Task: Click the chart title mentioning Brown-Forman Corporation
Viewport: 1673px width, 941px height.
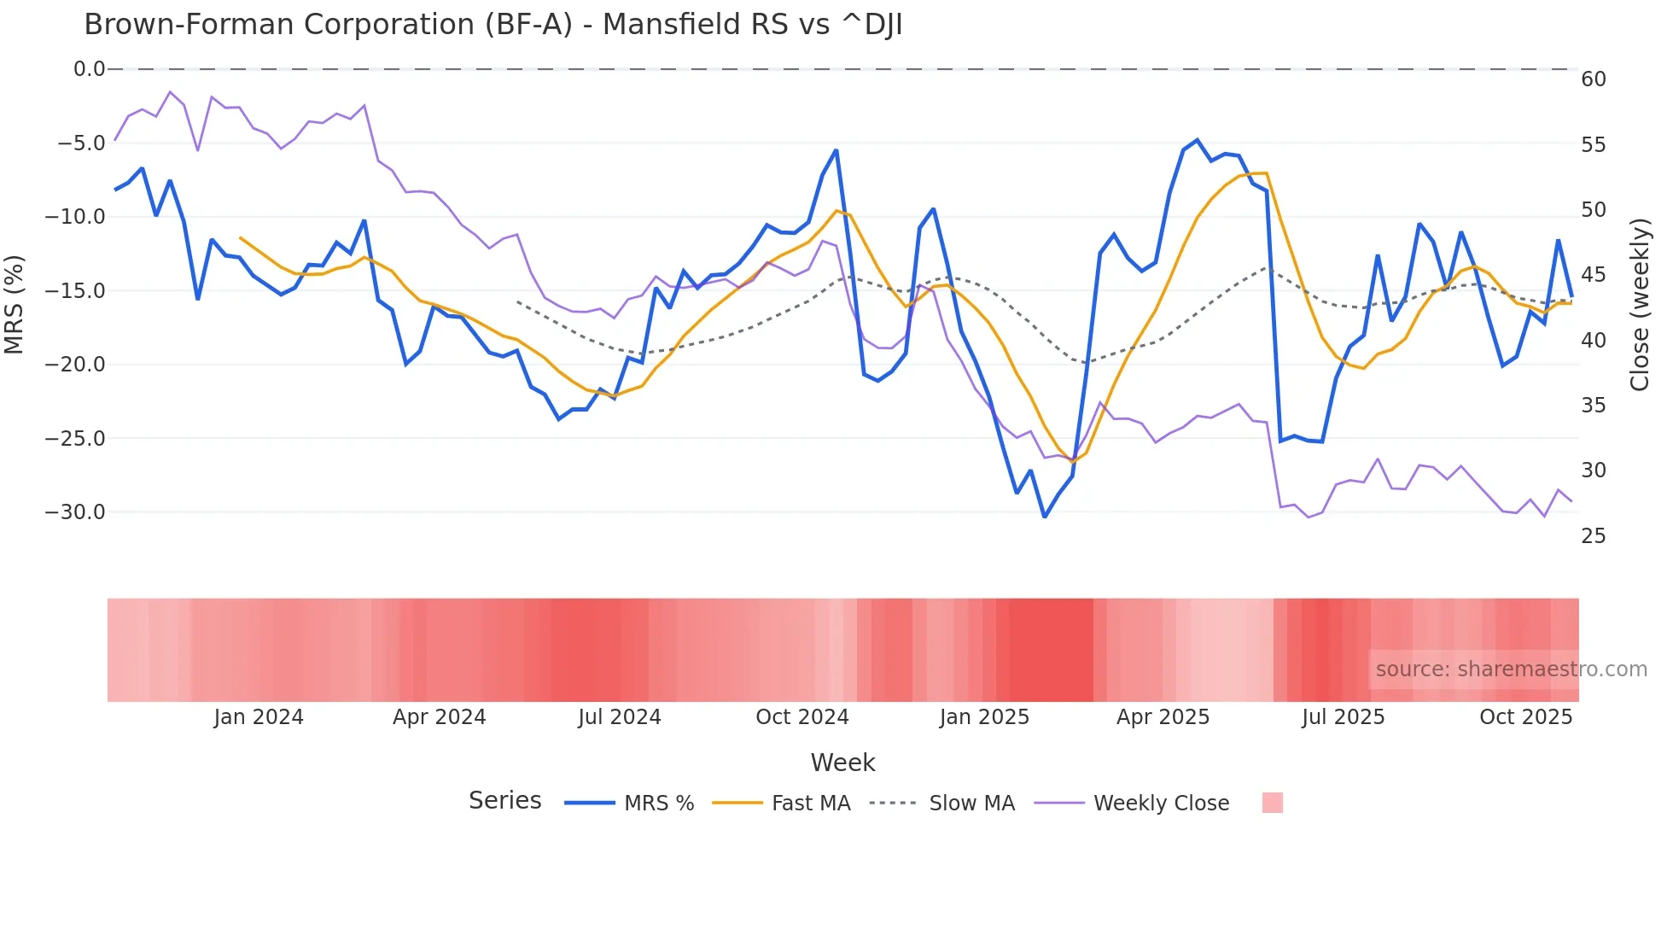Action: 493,25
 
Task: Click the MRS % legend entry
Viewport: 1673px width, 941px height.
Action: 658,804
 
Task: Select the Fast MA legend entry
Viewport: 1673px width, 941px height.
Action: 810,804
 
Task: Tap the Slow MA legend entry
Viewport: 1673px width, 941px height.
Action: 971,804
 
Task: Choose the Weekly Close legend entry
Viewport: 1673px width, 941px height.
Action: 1161,804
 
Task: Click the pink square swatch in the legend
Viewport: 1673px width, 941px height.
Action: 1272,803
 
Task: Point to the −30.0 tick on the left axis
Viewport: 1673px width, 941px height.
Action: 75,512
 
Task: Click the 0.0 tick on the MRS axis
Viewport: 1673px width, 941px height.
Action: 89,69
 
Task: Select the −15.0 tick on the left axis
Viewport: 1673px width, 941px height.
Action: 75,291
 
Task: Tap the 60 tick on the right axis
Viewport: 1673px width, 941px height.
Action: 1594,79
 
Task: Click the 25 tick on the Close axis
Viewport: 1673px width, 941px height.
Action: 1594,536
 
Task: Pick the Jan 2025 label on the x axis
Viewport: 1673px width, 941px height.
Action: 984,717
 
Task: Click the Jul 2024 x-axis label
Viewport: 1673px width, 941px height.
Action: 620,717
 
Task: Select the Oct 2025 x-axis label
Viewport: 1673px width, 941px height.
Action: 1525,717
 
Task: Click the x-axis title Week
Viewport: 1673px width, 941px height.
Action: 842,763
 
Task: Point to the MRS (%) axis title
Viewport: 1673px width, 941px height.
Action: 15,304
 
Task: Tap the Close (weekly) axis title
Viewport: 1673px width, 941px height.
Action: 1639,304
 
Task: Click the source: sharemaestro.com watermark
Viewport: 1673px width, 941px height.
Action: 1511,669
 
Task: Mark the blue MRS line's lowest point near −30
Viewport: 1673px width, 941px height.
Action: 1045,517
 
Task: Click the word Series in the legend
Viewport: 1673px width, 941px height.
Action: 504,801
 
